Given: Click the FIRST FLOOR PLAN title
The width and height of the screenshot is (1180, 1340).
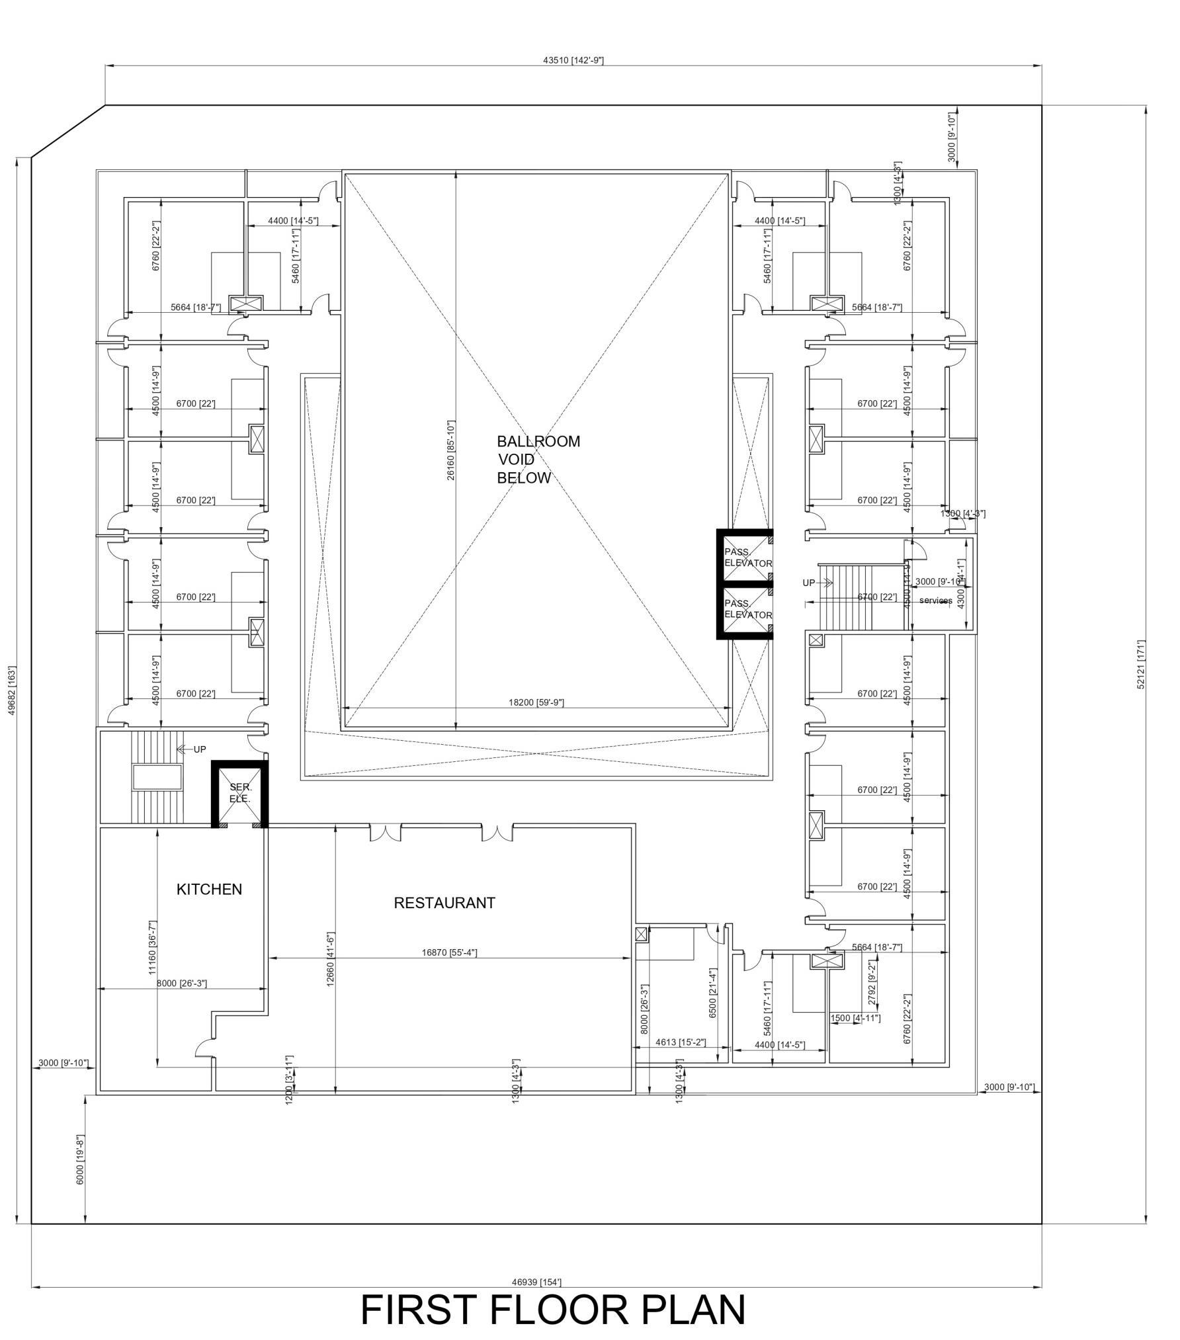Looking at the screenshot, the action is coord(553,1309).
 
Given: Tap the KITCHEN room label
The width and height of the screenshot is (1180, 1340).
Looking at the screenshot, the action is coord(209,889).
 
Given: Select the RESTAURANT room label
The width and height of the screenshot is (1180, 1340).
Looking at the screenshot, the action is coord(444,903).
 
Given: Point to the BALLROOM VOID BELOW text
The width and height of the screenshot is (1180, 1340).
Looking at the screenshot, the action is coord(538,459).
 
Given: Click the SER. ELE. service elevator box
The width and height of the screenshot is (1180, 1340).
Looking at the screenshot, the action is coord(239,793).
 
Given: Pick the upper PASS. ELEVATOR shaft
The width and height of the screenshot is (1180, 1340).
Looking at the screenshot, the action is coord(746,557).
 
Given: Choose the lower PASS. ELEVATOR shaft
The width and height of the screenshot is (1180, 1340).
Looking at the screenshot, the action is coord(746,609).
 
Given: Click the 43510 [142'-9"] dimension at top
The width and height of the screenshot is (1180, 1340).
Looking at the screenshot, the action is coord(573,60).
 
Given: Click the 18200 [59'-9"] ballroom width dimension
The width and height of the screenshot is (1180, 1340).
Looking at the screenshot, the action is coord(536,702).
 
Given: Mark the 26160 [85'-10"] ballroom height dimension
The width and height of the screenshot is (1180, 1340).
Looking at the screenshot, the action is coord(451,450).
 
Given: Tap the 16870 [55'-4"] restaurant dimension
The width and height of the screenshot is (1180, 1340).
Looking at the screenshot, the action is coord(449,952).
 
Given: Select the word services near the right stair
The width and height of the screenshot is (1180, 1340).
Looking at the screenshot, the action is coord(935,601).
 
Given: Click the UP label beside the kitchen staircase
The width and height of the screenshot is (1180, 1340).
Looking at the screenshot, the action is coord(200,749).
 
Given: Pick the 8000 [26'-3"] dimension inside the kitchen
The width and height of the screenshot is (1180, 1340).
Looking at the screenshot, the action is coord(181,984).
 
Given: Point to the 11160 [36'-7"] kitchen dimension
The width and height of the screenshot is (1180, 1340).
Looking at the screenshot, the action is coord(153,947).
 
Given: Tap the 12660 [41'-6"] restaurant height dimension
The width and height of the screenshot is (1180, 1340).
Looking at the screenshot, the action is coord(330,959).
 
